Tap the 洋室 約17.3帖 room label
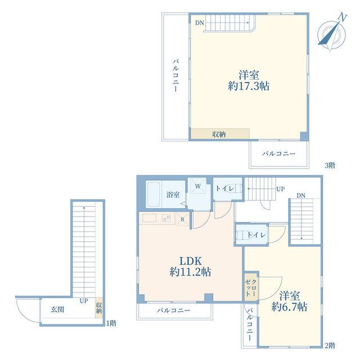[x=249, y=80]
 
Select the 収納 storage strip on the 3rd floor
[x=220, y=134]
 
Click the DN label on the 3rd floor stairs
[x=200, y=22]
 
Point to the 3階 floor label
[x=330, y=165]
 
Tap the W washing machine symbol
[x=197, y=186]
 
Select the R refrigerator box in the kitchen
[x=182, y=219]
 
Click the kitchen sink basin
[x=149, y=218]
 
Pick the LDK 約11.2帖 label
[x=190, y=267]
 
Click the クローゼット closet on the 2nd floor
[x=251, y=286]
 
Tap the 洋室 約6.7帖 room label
[x=289, y=301]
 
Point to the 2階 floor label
[x=330, y=345]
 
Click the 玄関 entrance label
[x=57, y=309]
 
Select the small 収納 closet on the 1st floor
[x=99, y=308]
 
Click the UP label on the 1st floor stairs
[x=84, y=301]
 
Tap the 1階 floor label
[x=111, y=323]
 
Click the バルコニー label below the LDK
[x=174, y=310]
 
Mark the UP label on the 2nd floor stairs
[x=280, y=189]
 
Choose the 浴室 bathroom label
[x=173, y=195]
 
